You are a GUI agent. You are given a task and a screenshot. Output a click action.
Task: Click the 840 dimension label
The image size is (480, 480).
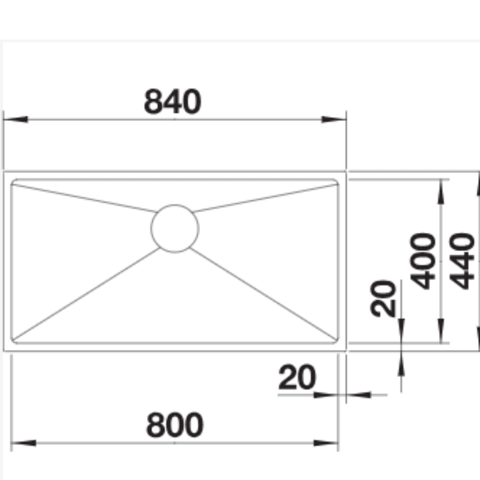173,101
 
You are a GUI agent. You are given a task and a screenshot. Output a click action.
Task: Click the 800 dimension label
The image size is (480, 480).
175,425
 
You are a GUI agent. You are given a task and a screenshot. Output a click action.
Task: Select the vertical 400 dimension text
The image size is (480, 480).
422,261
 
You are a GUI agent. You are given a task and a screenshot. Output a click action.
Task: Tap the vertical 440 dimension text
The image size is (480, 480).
462,261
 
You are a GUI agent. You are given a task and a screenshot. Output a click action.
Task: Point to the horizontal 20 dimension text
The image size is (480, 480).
297,377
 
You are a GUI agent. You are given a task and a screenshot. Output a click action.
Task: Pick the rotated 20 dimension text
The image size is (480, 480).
383,299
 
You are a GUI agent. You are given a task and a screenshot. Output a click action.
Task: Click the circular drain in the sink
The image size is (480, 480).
175,228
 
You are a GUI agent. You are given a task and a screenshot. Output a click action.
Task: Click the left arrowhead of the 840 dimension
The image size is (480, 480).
16,119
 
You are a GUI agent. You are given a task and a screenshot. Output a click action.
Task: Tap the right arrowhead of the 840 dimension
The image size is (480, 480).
334,119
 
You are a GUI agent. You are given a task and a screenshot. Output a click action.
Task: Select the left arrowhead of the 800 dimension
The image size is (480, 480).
24,443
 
